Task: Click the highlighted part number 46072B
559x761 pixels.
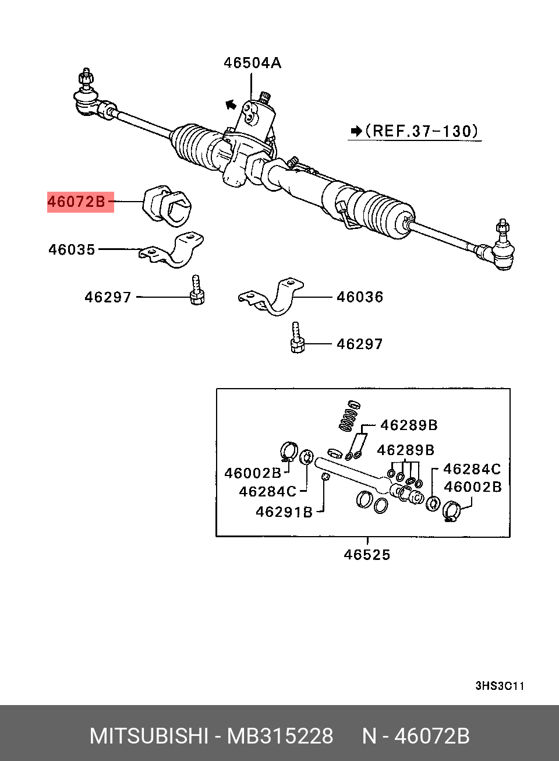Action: (77, 202)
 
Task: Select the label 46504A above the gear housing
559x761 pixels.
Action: (252, 63)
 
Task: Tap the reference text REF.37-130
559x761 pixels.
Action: (421, 131)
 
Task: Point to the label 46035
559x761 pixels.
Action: (72, 249)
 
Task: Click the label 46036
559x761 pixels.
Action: (360, 297)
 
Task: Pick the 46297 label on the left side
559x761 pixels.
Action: (108, 297)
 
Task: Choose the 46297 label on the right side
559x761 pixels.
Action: (360, 344)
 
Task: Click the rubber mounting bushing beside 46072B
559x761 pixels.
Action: (167, 205)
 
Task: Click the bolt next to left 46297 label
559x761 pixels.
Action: (197, 290)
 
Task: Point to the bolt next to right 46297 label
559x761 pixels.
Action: (297, 338)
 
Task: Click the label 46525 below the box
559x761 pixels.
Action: (367, 555)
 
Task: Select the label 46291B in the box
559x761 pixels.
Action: (284, 512)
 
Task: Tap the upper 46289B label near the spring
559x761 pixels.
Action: (409, 425)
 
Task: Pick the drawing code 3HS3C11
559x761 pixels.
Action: (500, 686)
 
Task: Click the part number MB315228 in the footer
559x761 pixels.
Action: (280, 736)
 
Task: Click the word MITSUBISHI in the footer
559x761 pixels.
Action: (148, 736)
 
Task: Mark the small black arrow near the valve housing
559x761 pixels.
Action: (231, 105)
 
